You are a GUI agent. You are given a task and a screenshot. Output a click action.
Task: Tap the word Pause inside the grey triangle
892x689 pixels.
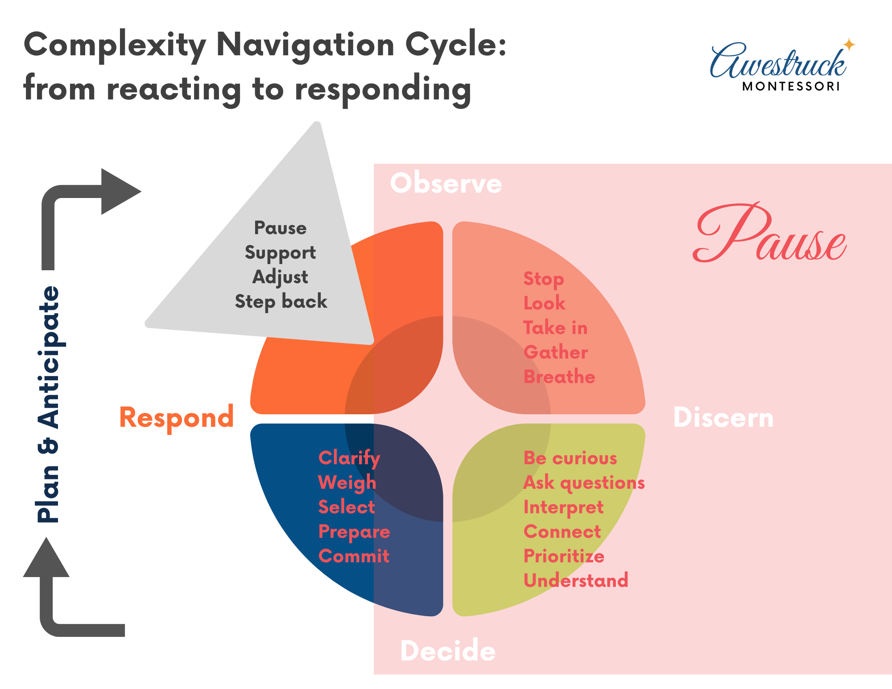pos(280,228)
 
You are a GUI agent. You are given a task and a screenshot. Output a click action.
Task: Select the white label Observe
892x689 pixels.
pos(446,183)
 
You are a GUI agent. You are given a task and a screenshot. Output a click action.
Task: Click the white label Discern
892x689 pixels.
pos(723,418)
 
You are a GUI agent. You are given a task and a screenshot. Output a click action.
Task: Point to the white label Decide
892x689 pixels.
pos(448,651)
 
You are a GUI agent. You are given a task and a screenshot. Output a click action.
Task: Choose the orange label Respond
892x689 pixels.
pos(177,418)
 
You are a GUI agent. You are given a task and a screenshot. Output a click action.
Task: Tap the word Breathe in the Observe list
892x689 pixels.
pos(559,377)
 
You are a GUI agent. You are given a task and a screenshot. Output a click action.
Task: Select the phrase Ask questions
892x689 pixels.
pos(584,483)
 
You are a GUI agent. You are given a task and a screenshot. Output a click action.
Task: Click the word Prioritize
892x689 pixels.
pos(564,556)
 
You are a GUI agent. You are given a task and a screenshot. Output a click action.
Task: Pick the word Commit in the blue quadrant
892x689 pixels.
pos(354,556)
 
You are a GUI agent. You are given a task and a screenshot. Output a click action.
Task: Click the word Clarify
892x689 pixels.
pos(349,458)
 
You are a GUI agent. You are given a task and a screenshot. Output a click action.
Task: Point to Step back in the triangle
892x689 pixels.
pos(281,302)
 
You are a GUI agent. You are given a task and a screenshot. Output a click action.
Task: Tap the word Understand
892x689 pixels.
pos(576,581)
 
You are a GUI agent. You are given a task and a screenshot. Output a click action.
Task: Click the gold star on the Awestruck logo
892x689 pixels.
pos(849,45)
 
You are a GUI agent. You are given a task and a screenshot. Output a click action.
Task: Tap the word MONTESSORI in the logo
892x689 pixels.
pos(791,87)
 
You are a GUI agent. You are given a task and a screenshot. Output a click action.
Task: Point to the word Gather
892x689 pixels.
pos(556,352)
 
